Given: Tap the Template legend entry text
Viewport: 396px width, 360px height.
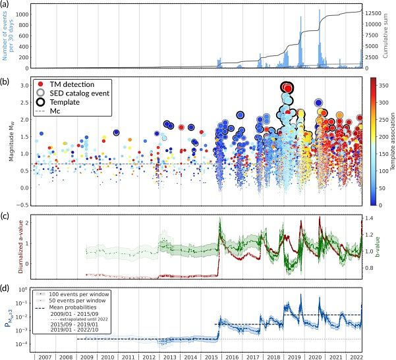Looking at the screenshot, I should (68, 103).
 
